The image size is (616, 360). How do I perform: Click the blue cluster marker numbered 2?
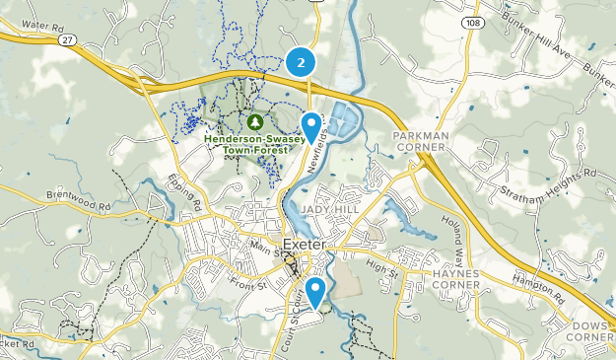[x=301, y=62]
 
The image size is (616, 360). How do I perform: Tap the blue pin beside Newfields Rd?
[x=311, y=125]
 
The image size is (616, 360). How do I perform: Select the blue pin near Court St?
[x=315, y=291]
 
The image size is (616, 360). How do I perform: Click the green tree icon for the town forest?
[x=255, y=121]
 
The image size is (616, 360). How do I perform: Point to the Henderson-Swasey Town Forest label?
[x=255, y=144]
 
